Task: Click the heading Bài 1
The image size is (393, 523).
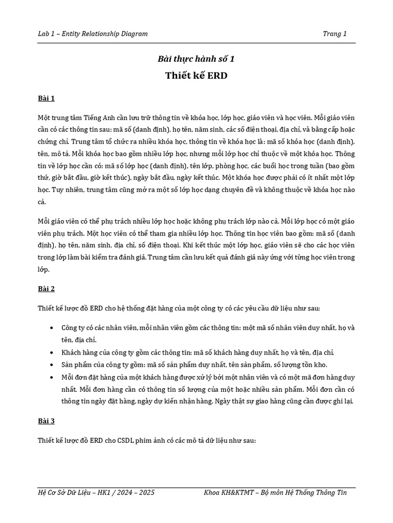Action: [x=46, y=98]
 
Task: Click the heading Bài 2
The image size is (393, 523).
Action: [x=46, y=289]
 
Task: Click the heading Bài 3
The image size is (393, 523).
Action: [x=46, y=421]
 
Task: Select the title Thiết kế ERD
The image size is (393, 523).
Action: [x=196, y=76]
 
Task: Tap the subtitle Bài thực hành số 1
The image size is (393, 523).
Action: [x=196, y=59]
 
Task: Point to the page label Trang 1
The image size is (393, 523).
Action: [x=335, y=34]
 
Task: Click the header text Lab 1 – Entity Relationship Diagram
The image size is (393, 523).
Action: [x=93, y=34]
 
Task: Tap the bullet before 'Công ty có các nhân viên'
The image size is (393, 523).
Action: [x=54, y=327]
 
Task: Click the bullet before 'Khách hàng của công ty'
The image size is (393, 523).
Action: [x=54, y=352]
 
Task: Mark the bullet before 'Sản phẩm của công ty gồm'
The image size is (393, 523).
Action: [x=54, y=365]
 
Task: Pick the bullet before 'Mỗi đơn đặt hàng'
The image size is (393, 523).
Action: [x=54, y=377]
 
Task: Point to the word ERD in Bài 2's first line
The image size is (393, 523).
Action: [x=97, y=308]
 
